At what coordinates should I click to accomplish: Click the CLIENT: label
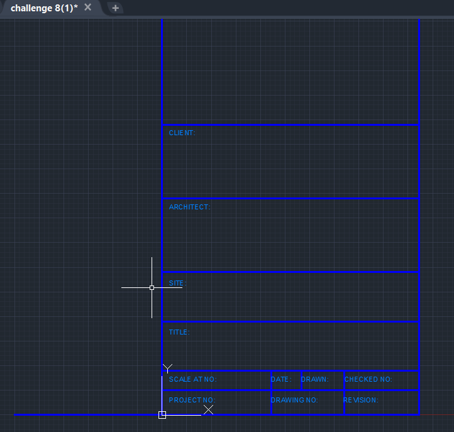pos(182,133)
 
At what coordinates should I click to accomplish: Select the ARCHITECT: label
pos(190,207)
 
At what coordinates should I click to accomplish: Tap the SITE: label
pos(177,283)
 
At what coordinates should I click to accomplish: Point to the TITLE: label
pos(179,332)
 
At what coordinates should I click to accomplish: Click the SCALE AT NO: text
pos(192,379)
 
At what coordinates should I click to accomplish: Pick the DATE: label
pos(281,379)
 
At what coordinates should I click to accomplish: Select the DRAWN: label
pos(315,379)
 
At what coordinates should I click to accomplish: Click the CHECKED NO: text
pos(368,379)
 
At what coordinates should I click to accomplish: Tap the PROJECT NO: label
pos(192,400)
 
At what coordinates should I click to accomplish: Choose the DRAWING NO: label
pos(294,400)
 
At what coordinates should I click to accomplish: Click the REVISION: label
pos(360,400)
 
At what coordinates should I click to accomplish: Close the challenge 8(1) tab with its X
pos(88,8)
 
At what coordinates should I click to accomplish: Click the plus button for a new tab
pos(115,8)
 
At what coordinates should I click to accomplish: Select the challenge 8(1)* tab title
pos(44,8)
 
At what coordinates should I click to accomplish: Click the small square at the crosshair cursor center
pos(152,287)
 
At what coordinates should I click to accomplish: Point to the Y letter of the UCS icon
pos(167,368)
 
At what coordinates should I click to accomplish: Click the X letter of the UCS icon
pos(208,410)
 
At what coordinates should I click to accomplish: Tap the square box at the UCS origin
pos(162,415)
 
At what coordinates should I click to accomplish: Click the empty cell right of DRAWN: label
pos(336,379)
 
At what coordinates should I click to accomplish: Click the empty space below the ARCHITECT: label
pos(290,241)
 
